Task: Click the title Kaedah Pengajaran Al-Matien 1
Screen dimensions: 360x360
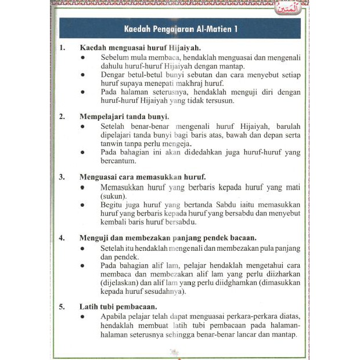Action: point(180,28)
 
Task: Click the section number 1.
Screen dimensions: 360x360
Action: point(62,48)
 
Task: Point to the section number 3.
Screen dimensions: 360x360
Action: point(62,176)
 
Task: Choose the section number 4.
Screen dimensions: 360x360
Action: point(62,237)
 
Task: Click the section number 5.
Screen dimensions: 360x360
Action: point(62,307)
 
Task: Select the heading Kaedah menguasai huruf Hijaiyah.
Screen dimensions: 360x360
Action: point(140,48)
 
